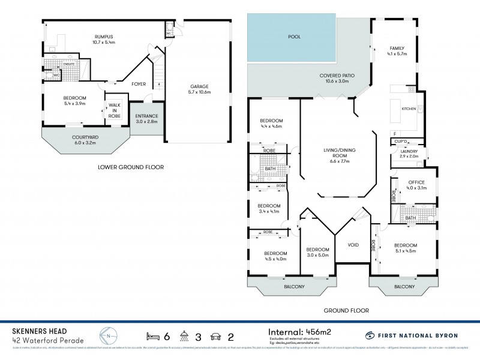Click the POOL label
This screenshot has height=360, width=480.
[295, 37]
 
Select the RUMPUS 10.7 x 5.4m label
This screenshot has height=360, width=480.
[103, 40]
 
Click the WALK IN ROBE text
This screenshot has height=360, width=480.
[114, 110]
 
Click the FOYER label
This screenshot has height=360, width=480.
[139, 83]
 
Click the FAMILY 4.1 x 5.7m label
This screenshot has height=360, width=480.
[397, 50]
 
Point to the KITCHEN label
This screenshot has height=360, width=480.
[409, 109]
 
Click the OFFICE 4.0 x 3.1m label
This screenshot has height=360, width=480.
[416, 185]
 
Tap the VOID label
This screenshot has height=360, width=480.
[353, 244]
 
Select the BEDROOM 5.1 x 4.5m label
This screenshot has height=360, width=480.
[406, 248]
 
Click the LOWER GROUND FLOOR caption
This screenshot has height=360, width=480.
[130, 167]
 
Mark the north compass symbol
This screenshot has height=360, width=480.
[107, 335]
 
